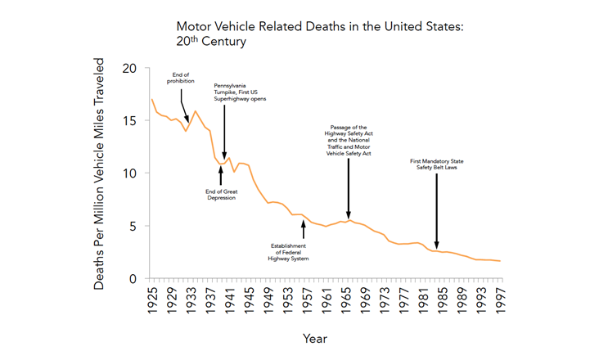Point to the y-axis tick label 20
128,68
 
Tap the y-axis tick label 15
128,120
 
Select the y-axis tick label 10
128,173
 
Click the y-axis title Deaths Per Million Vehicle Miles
100,173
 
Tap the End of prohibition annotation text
181,78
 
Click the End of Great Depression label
220,195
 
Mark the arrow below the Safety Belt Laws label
436,212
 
